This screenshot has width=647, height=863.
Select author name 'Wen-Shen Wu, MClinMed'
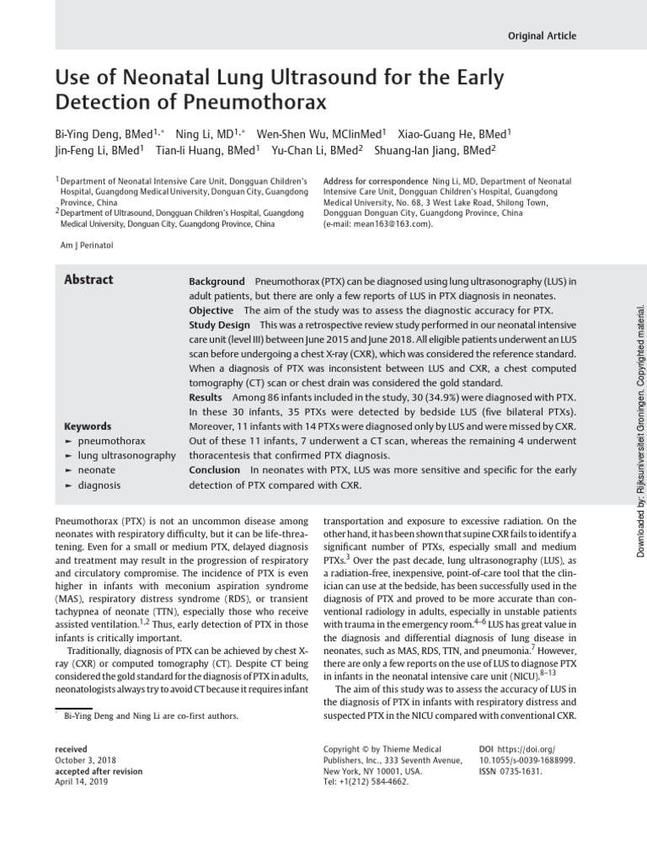coord(320,133)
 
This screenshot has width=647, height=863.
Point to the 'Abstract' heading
coord(88,281)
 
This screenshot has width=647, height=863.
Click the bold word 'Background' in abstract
coord(217,281)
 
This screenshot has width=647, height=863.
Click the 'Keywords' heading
coord(88,426)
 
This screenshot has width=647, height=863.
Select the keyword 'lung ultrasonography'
coord(126,456)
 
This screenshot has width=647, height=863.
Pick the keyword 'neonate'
coord(97,470)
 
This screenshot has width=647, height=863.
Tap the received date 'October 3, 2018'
coord(83,760)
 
